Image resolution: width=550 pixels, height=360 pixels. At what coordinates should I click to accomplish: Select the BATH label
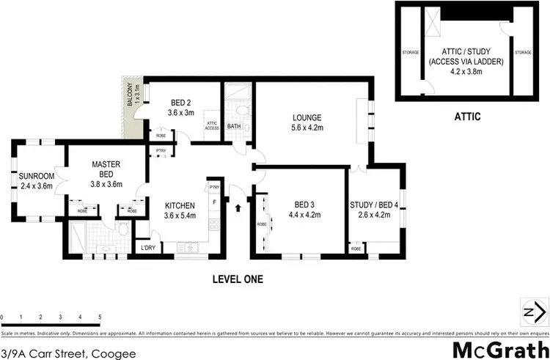(x=234, y=126)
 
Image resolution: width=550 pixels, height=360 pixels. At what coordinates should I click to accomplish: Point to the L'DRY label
(x=148, y=248)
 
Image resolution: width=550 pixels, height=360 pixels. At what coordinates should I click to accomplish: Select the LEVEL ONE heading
(x=237, y=279)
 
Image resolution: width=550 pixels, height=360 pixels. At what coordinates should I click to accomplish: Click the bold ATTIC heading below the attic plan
(x=467, y=115)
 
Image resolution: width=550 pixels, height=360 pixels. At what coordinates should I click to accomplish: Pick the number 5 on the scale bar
(x=99, y=317)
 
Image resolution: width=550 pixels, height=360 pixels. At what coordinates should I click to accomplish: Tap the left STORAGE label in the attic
(x=411, y=52)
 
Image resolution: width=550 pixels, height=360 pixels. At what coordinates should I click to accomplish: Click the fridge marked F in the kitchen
(x=214, y=201)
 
